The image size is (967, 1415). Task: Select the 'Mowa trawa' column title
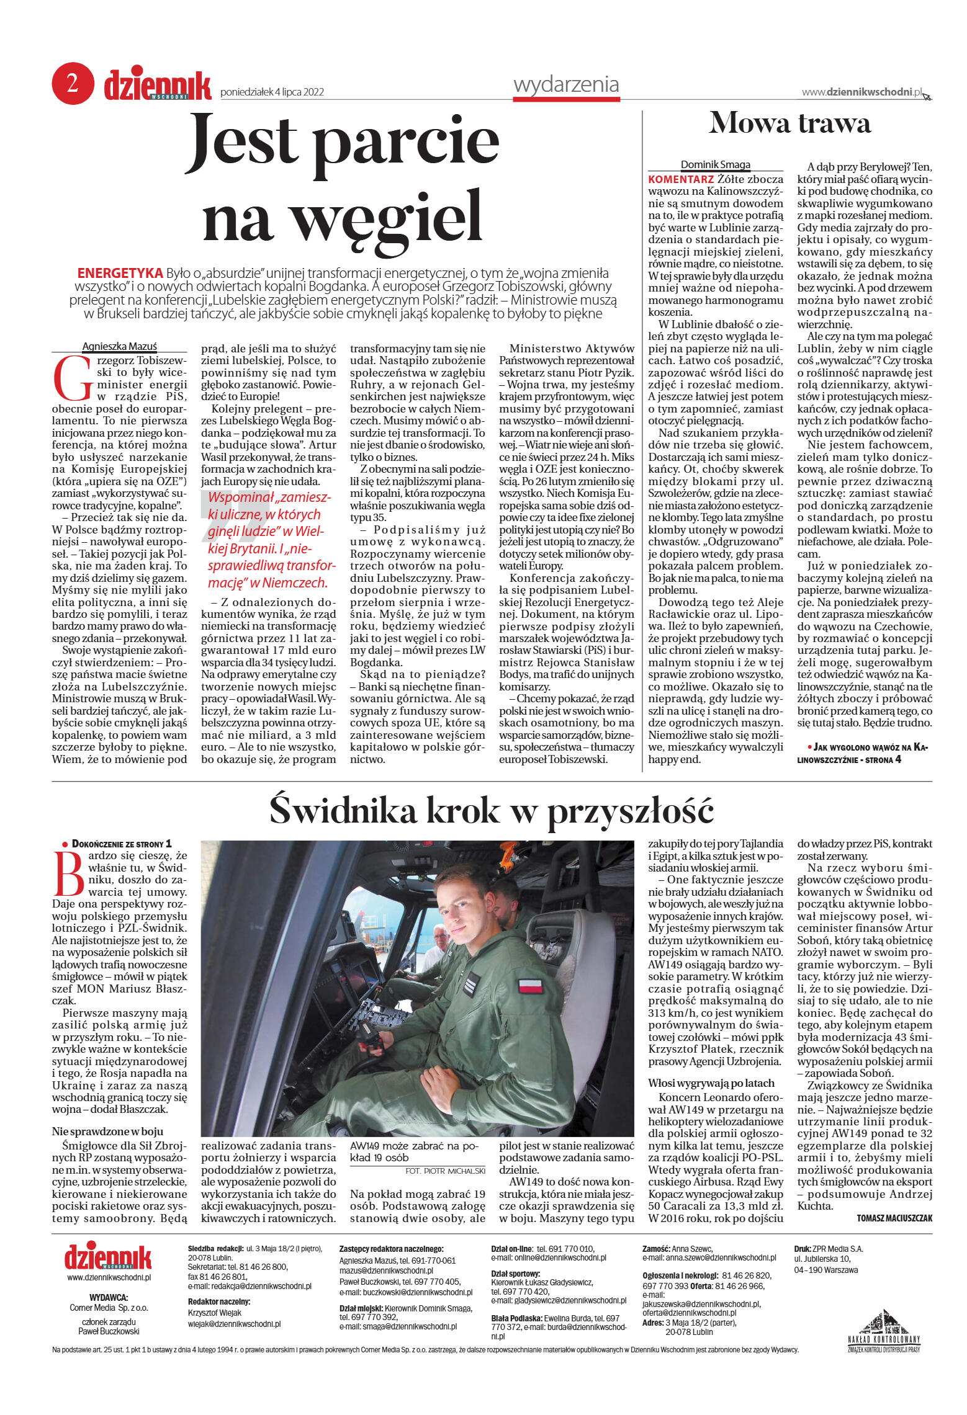[x=789, y=123]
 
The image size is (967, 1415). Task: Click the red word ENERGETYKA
[x=120, y=274]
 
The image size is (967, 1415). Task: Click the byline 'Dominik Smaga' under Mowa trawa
[x=715, y=164]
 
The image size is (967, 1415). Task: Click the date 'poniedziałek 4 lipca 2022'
[x=272, y=92]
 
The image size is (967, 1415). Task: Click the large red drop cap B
[x=68, y=873]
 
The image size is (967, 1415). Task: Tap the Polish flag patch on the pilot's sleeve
[x=530, y=984]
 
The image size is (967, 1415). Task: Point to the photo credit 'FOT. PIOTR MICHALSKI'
[x=445, y=1171]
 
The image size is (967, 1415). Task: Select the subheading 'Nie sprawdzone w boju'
[x=107, y=1131]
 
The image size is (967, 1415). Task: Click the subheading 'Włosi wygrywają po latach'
[x=711, y=1082]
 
